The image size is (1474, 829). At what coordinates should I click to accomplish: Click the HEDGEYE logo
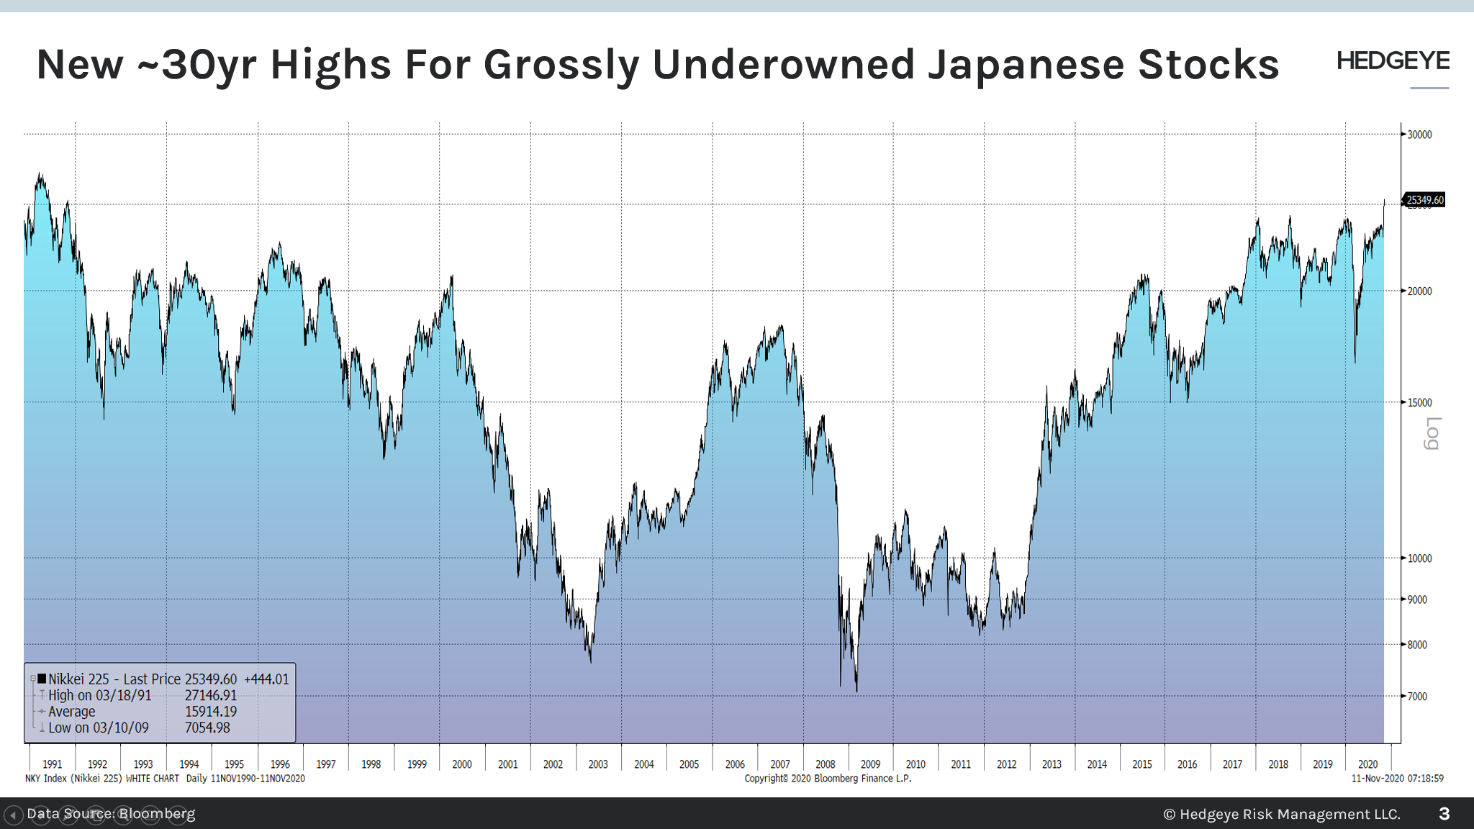point(1393,61)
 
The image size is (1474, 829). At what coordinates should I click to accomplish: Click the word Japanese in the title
point(1026,65)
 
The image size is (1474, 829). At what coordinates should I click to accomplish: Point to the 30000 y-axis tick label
point(1419,135)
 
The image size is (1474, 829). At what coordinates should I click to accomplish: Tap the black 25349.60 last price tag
point(1424,200)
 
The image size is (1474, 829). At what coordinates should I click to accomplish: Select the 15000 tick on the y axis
point(1419,402)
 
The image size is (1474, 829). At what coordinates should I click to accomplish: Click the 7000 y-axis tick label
point(1416,696)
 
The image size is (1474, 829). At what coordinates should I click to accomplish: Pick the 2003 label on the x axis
point(597,764)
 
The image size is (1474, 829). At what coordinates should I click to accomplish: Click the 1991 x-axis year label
point(52,764)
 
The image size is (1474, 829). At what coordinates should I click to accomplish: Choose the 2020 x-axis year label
point(1367,764)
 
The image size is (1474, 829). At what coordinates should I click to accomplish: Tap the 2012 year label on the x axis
point(1006,764)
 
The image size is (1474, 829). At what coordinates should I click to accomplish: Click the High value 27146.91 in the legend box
point(210,695)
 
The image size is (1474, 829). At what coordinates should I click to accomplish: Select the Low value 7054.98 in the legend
point(207,728)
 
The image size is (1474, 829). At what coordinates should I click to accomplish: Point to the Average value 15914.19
point(210,712)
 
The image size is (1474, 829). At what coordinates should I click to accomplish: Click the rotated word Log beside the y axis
point(1432,433)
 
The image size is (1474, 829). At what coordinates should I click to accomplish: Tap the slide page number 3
point(1444,814)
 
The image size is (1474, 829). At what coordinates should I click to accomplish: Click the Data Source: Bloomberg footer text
point(111,814)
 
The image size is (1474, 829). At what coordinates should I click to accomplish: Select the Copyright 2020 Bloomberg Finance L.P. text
point(828,779)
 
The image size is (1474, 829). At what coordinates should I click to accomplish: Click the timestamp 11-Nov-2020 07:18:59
point(1397,779)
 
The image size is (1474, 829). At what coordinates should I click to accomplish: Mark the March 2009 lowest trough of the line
point(856,691)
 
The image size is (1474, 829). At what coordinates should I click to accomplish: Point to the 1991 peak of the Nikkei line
point(40,173)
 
